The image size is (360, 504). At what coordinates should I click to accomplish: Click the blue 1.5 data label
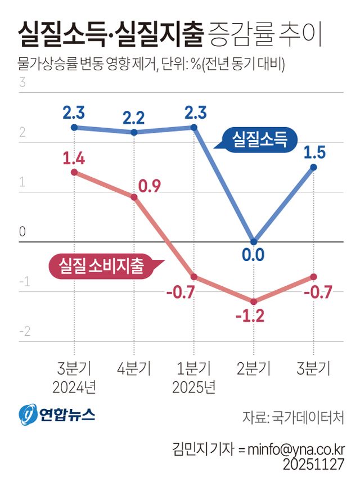point(313,151)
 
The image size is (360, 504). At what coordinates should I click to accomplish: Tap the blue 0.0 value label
point(253,256)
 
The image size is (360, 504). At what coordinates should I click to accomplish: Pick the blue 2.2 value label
point(134,118)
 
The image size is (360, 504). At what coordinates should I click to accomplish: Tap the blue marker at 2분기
point(254,242)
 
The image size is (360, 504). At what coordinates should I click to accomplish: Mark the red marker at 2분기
point(254,301)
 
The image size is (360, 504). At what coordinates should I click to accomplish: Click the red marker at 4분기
point(134,197)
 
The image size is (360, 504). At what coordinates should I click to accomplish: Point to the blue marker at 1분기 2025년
point(193,127)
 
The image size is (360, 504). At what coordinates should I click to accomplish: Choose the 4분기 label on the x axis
point(134,369)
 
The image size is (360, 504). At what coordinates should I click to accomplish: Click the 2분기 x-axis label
point(254,369)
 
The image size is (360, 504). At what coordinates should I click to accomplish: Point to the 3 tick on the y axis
point(23,83)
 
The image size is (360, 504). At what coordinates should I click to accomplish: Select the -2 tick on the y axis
point(24,331)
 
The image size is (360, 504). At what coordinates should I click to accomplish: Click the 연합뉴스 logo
point(57,415)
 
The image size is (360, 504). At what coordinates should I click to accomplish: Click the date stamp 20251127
point(313,465)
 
